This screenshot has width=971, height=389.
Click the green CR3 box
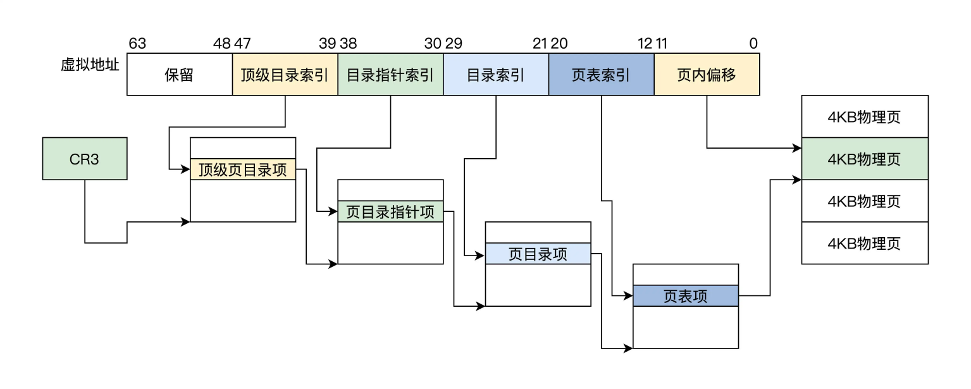coord(84,158)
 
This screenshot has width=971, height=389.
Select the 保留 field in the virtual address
coord(179,75)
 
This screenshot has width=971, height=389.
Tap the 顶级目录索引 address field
coord(285,75)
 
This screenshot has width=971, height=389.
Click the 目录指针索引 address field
coord(390,75)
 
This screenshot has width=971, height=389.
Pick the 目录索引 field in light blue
coord(495,75)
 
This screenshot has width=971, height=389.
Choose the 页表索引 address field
coord(601,75)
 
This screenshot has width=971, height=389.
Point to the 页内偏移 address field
coord(707,75)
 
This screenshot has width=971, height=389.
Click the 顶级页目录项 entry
coord(243,170)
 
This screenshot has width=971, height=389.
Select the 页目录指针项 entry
coord(390,211)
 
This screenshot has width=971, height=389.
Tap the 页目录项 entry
coord(538,254)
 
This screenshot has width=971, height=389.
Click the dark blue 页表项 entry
coord(686,296)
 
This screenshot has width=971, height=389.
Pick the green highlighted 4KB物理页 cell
coord(865,159)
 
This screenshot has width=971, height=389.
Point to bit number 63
coord(137,44)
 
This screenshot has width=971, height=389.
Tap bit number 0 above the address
coord(753,44)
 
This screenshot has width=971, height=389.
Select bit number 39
coord(327,44)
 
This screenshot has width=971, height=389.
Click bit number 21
coord(540,44)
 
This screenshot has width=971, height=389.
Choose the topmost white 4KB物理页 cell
coord(865,116)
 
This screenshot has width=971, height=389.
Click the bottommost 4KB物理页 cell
coord(865,243)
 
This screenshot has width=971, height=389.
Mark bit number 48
coord(221,44)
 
